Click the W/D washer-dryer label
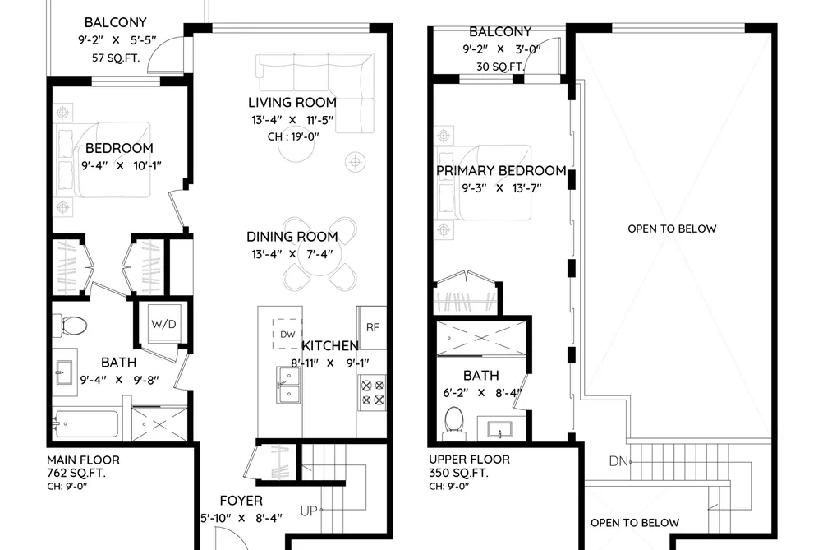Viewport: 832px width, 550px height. click(163, 324)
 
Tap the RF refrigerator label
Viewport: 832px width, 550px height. click(373, 327)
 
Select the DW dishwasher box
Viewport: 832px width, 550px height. click(287, 334)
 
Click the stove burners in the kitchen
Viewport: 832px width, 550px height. click(373, 392)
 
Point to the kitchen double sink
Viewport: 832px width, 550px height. click(288, 385)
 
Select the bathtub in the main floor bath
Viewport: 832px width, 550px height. click(85, 423)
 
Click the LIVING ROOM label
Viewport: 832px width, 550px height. click(292, 103)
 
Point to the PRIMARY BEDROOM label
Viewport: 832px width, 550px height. click(501, 171)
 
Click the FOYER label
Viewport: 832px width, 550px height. click(241, 501)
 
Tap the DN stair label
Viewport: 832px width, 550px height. click(618, 461)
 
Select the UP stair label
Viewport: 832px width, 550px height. click(309, 511)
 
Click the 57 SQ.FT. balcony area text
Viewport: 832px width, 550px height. click(116, 58)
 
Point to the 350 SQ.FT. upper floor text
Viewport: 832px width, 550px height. click(458, 473)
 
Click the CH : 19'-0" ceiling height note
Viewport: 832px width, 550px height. click(293, 136)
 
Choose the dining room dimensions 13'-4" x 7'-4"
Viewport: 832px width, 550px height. click(292, 254)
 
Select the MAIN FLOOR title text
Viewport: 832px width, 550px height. click(83, 460)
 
